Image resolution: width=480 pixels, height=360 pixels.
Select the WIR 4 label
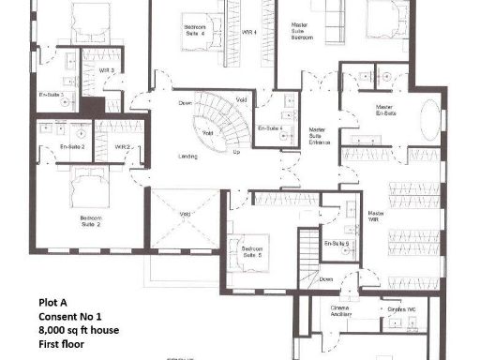click(x=248, y=31)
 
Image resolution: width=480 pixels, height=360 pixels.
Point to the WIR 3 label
click(x=107, y=69)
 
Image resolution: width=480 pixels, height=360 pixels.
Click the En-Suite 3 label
click(x=51, y=96)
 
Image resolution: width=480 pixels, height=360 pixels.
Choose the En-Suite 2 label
click(x=72, y=147)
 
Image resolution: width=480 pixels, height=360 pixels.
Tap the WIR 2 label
click(x=122, y=147)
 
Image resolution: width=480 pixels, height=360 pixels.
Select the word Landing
click(x=187, y=156)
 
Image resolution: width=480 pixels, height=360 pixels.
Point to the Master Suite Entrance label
click(x=320, y=137)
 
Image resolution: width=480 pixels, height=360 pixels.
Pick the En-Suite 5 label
click(x=337, y=244)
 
